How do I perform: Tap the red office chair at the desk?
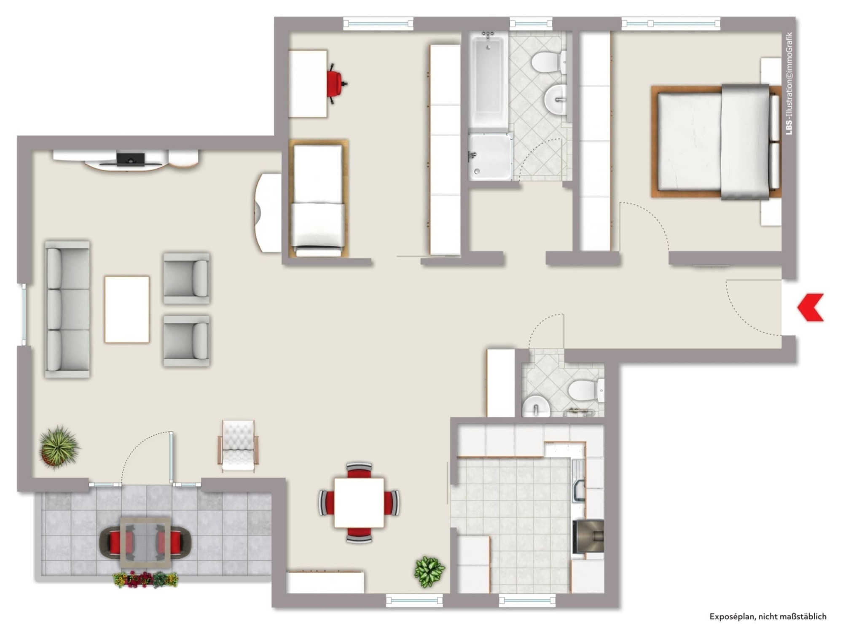[x=337, y=84]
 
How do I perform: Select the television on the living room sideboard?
[x=131, y=159]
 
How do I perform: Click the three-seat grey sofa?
[x=67, y=309]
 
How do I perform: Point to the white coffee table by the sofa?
[x=127, y=310]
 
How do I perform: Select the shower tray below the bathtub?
[x=490, y=156]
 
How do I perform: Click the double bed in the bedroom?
[x=716, y=142]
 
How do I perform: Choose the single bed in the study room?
[x=318, y=198]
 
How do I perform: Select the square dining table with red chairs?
[x=359, y=503]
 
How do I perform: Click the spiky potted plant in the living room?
[x=59, y=446]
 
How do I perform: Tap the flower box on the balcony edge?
[x=145, y=579]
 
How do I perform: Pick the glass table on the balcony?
[x=145, y=543]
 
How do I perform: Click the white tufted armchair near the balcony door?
[x=238, y=445]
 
